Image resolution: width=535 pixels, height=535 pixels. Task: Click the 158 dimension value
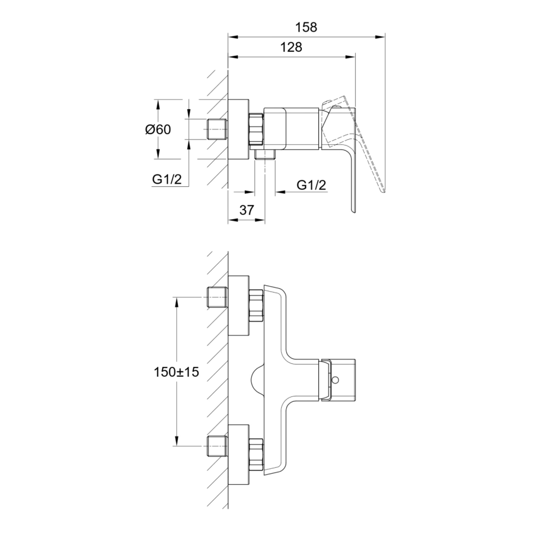[x=306, y=27]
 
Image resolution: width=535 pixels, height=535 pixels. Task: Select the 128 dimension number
[x=291, y=47]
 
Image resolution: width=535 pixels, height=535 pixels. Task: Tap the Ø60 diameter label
[x=158, y=129]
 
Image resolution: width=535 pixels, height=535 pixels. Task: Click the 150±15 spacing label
[x=176, y=372]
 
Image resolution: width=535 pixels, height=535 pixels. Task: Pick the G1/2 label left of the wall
[x=167, y=179]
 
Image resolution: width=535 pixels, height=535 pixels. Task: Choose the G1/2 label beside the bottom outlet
[x=311, y=185]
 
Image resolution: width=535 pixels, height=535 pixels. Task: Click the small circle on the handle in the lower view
[x=335, y=379]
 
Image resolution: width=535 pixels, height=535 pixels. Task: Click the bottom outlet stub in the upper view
[x=265, y=154]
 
